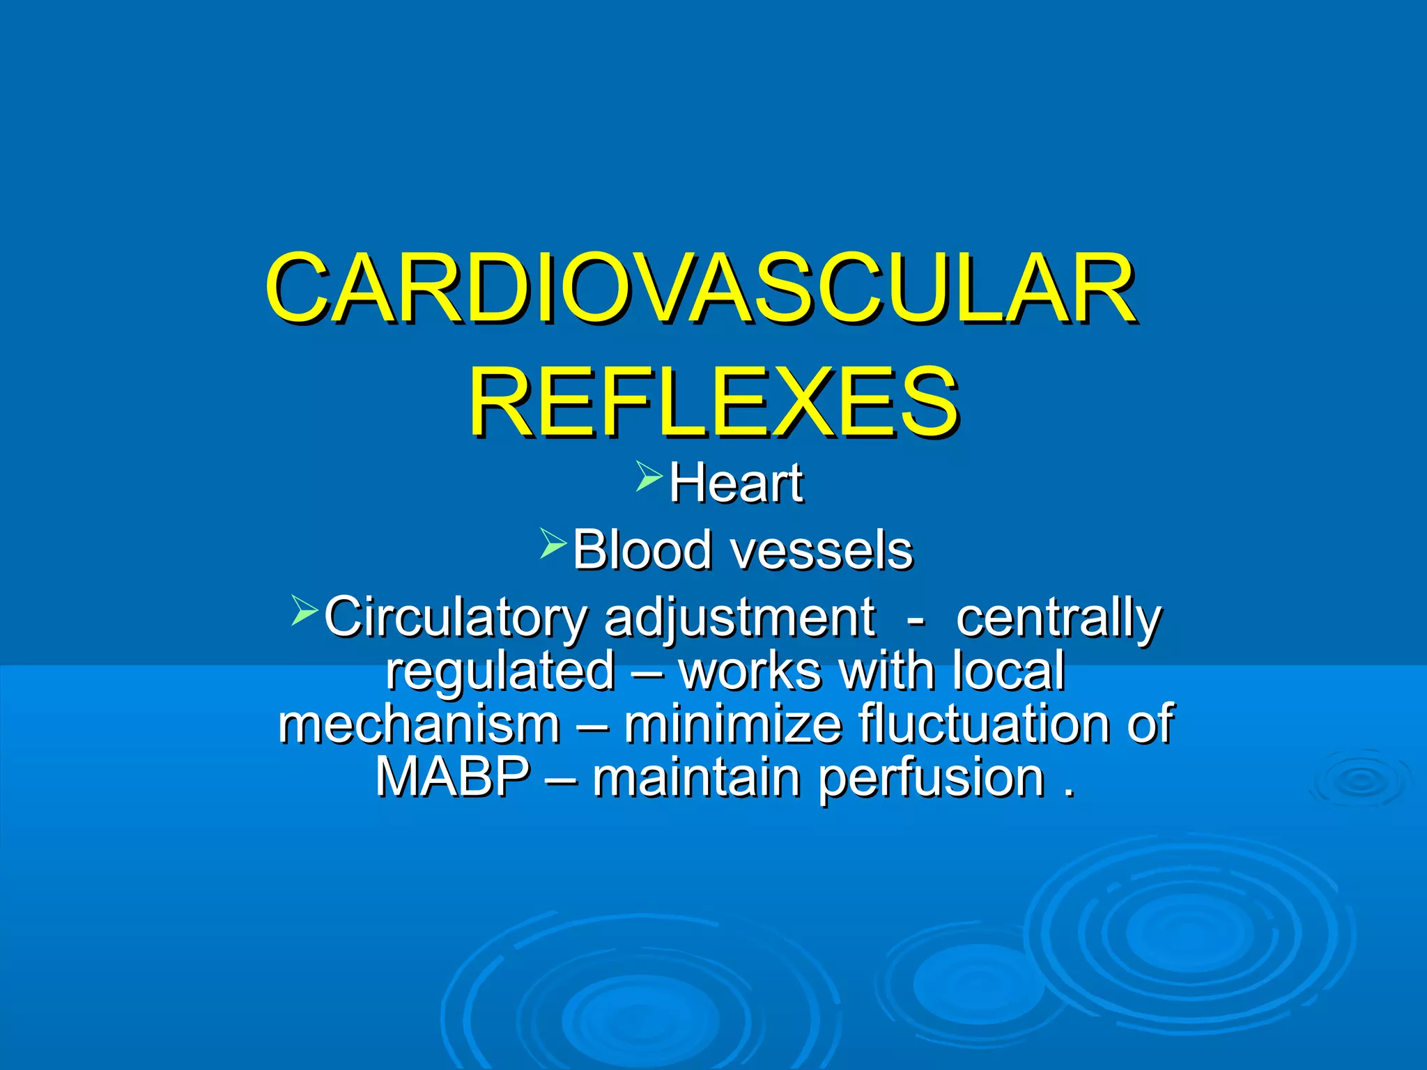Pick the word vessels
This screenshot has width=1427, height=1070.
pyautogui.click(x=822, y=550)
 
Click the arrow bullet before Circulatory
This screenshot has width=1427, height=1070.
pyautogui.click(x=304, y=610)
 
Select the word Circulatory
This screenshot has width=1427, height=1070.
pyautogui.click(x=456, y=617)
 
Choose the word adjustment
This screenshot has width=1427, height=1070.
pyautogui.click(x=740, y=617)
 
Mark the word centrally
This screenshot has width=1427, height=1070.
pyautogui.click(x=1058, y=617)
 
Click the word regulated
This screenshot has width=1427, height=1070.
pyautogui.click(x=500, y=670)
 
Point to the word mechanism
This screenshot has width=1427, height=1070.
pyautogui.click(x=419, y=724)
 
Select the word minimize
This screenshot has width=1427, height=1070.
pyautogui.click(x=732, y=724)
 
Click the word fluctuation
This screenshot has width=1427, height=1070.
pyautogui.click(x=983, y=724)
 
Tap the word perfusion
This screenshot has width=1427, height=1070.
pyautogui.click(x=931, y=777)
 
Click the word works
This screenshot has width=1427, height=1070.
pyautogui.click(x=750, y=670)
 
